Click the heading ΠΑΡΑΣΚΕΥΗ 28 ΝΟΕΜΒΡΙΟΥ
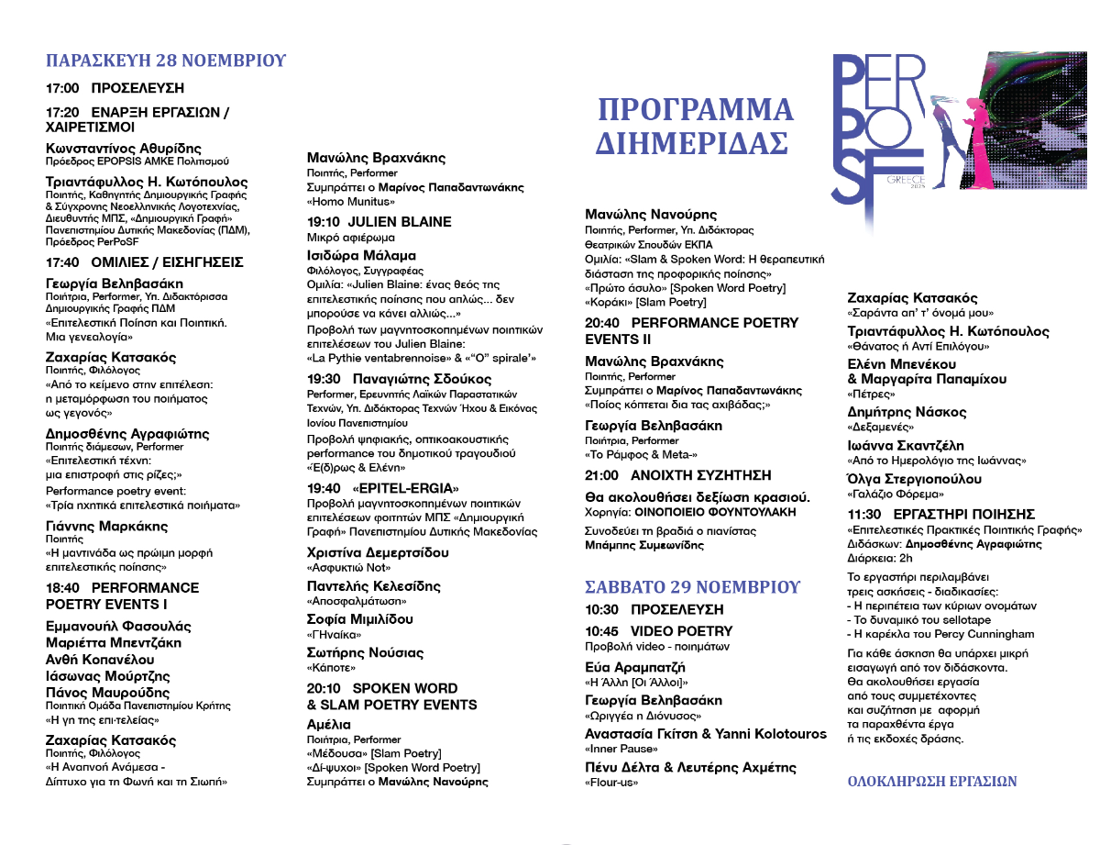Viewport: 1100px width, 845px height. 166,61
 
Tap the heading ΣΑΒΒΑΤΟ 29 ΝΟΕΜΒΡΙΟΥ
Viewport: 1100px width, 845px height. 693,587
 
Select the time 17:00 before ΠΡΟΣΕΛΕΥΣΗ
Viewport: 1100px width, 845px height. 62,89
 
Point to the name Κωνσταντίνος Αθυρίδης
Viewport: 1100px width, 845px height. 124,149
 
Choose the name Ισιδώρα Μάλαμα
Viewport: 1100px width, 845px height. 361,256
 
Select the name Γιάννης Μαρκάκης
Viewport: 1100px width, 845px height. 107,527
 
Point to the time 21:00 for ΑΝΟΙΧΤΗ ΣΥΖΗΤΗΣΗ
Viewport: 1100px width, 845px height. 601,475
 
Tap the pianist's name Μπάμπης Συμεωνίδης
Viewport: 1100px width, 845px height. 644,545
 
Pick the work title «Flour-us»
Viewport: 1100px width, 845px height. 611,783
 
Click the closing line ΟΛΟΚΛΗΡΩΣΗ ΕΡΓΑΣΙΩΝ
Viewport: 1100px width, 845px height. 932,782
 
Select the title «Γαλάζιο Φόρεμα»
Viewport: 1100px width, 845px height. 888,494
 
